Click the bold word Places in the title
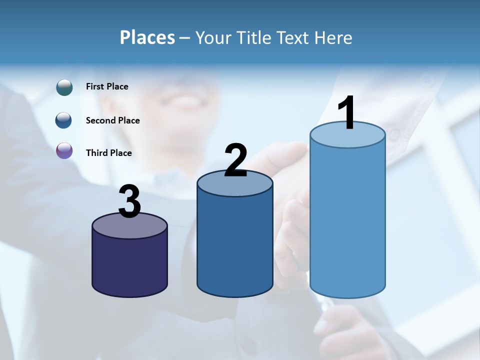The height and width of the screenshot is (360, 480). [x=147, y=37]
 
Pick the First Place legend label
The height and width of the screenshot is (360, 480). [x=107, y=86]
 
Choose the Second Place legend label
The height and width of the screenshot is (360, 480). [x=112, y=120]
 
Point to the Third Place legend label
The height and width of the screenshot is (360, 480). [x=108, y=153]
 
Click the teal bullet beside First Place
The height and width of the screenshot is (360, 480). [x=64, y=87]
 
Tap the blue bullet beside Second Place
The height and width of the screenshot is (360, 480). [x=64, y=120]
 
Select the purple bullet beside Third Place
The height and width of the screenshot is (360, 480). [x=64, y=151]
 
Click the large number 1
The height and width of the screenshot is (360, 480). [x=346, y=113]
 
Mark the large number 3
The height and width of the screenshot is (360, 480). [x=130, y=202]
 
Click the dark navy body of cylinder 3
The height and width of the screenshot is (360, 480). [x=130, y=265]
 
